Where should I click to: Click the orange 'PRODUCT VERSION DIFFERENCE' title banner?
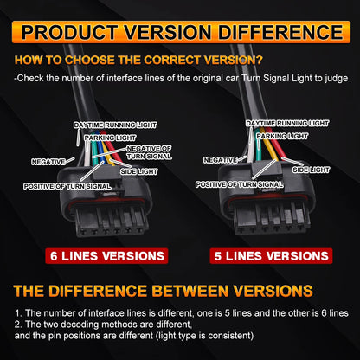[181, 32]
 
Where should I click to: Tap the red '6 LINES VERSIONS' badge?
[106, 256]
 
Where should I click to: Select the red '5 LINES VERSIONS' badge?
[271, 256]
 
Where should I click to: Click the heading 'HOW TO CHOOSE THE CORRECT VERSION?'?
[138, 60]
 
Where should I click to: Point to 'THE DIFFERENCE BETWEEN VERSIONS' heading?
[163, 291]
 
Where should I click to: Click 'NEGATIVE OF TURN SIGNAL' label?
[149, 152]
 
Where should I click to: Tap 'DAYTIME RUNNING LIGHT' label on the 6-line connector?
[115, 125]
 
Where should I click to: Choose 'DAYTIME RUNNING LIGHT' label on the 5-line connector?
[287, 124]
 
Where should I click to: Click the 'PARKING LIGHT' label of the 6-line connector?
[110, 138]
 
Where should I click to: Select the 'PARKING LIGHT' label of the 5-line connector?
[282, 136]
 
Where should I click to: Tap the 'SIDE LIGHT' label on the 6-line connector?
[139, 171]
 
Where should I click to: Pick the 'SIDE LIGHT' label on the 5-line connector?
[311, 170]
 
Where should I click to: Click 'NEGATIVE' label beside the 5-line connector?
[221, 160]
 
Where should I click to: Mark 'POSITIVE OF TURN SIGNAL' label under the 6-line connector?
[67, 186]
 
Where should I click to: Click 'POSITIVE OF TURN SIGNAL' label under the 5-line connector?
[240, 184]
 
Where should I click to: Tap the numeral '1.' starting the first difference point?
[18, 313]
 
